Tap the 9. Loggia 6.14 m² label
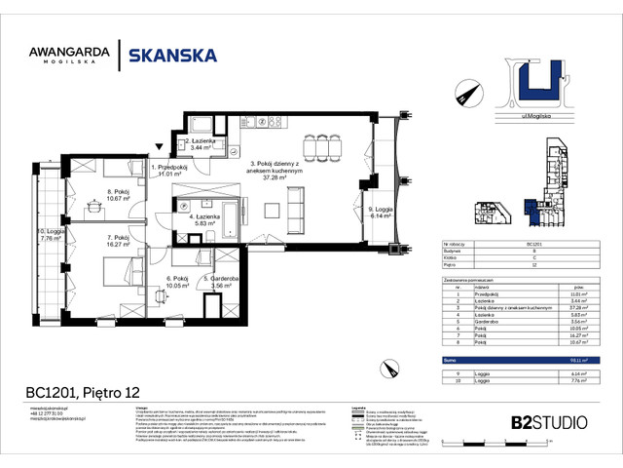[x=379, y=213]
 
